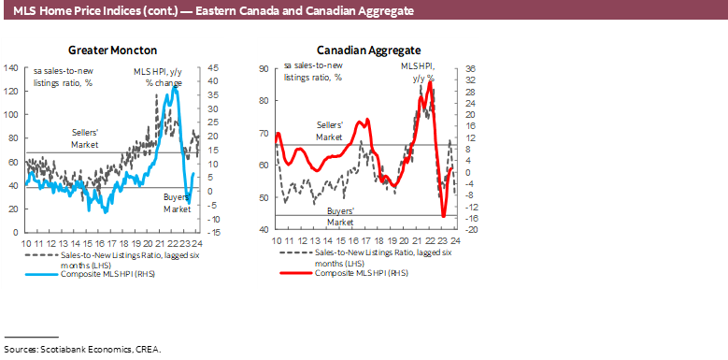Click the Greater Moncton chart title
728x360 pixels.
click(112, 50)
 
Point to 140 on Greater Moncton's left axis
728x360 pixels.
click(12, 68)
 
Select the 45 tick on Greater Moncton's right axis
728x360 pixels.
click(213, 68)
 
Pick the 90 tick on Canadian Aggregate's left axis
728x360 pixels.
click(264, 69)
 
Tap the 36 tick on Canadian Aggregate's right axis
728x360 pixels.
click(471, 69)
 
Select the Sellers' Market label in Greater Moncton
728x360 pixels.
click(87, 137)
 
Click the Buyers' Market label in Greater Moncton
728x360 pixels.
click(178, 203)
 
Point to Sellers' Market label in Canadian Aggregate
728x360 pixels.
click(330, 131)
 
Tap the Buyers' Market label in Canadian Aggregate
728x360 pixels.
click(340, 217)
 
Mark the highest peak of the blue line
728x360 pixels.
click(173, 89)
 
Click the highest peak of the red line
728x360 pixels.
click(430, 84)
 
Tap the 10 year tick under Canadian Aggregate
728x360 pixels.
click(277, 240)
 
